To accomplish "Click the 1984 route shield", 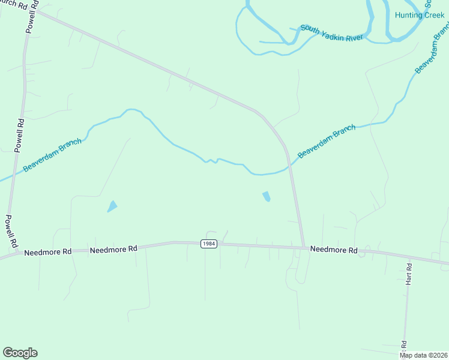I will [208, 244].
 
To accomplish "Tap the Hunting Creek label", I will [420, 14].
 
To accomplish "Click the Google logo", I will [20, 353].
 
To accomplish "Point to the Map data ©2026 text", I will [423, 355].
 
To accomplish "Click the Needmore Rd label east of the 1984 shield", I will [334, 250].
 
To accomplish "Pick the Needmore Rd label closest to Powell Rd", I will [48, 253].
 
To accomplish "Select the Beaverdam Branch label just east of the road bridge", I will [327, 141].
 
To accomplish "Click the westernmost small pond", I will [112, 206].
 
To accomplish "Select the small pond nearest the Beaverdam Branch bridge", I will [267, 196].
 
